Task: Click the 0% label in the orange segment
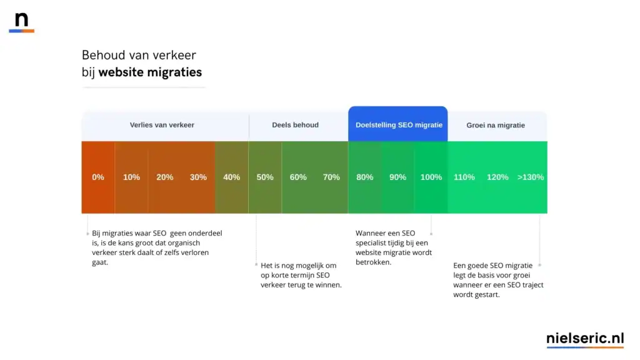point(98,177)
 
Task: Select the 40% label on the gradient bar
point(231,177)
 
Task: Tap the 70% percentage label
point(331,177)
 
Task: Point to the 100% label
point(431,177)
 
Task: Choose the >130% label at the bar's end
point(531,177)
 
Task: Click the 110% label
point(464,177)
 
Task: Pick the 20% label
point(165,177)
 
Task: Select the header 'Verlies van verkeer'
point(162,125)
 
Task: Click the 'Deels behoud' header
point(295,125)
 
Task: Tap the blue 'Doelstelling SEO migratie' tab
point(399,125)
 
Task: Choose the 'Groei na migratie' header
point(496,126)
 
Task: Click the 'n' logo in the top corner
point(22,21)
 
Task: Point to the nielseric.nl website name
point(585,338)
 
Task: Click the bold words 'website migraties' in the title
point(150,72)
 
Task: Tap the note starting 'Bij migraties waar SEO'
point(157,247)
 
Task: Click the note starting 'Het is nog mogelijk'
point(301,275)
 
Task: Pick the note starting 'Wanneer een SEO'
point(394,247)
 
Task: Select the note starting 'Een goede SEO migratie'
point(498,280)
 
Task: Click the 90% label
point(397,177)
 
